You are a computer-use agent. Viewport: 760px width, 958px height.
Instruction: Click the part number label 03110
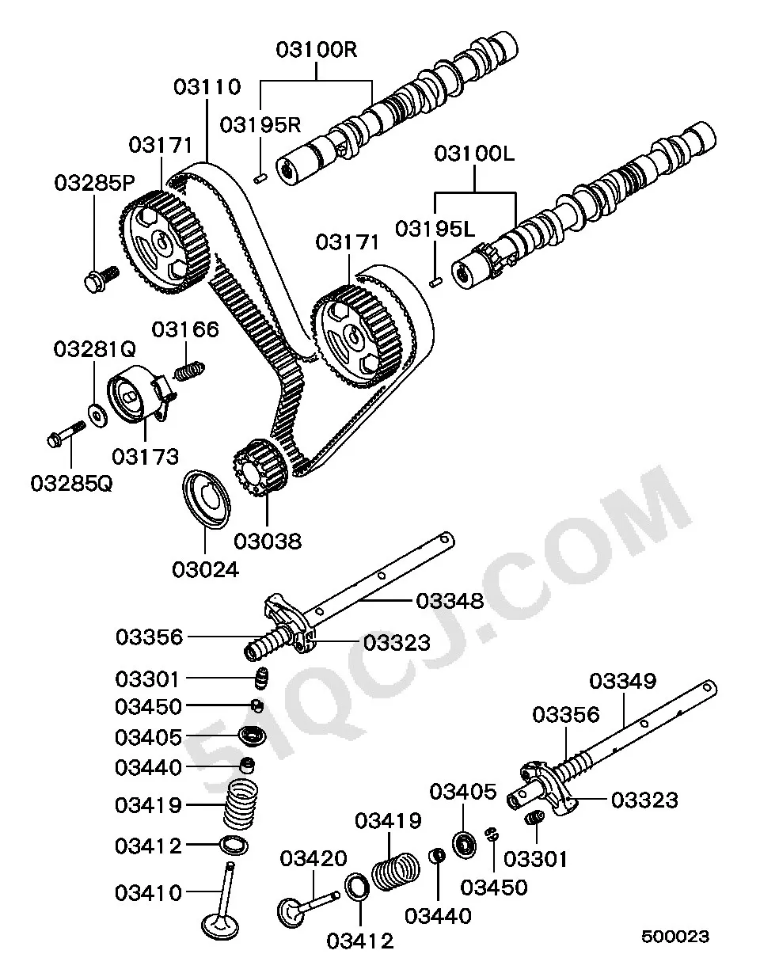[207, 87]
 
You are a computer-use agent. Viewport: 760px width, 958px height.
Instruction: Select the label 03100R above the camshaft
[317, 49]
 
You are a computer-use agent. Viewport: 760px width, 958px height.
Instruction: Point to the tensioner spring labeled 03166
[188, 371]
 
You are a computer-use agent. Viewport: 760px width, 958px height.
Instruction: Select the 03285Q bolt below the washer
[66, 434]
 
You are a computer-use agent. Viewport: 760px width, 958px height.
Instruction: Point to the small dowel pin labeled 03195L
[435, 282]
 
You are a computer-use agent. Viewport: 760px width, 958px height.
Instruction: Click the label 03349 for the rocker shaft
[623, 681]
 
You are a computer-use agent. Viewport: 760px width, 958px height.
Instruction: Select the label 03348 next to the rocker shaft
[450, 600]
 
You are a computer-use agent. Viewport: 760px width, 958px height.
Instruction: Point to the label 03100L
[474, 154]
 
